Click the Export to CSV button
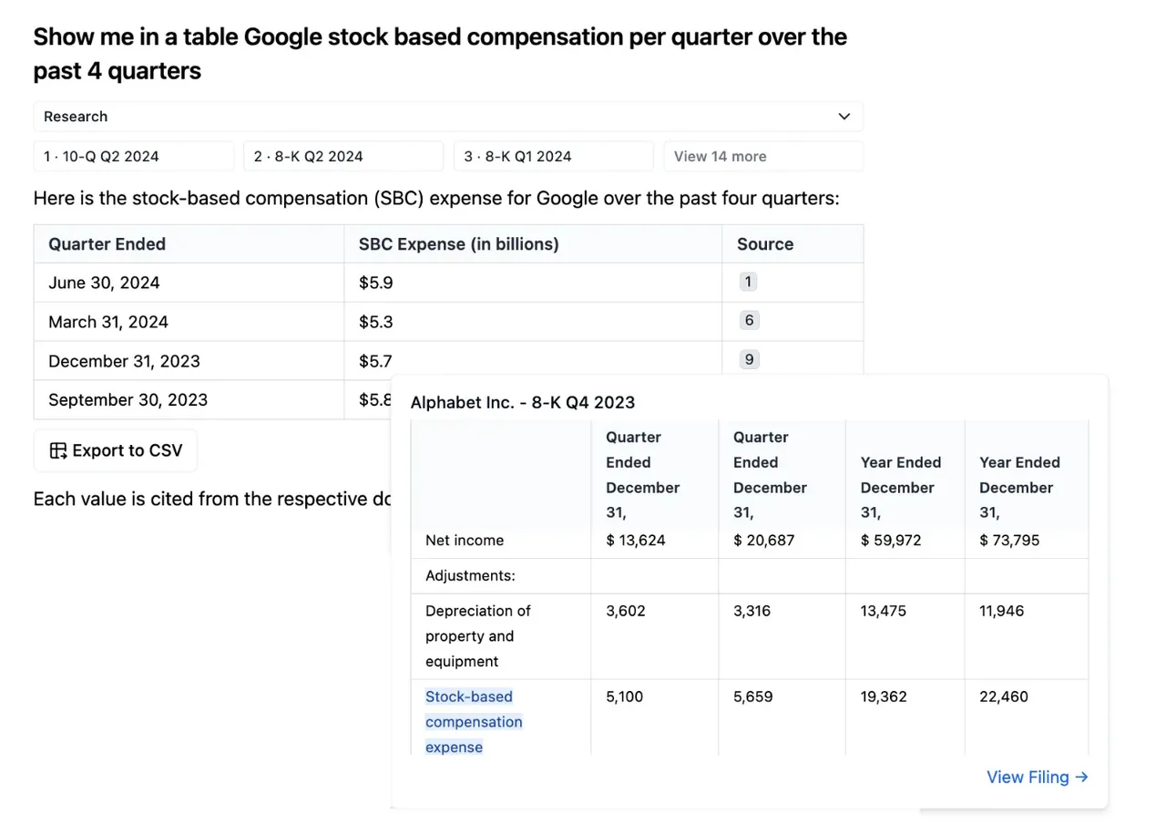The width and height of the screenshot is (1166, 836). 116,450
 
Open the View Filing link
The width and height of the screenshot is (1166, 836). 1038,777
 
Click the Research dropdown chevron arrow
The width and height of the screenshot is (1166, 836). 844,117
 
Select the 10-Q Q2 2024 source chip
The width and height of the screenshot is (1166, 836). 134,156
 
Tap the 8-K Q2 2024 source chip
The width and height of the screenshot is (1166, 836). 343,156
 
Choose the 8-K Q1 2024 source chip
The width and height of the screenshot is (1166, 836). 553,156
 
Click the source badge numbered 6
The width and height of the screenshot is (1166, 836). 749,320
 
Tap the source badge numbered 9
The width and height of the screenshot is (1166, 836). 749,359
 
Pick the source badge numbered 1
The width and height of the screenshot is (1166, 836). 748,282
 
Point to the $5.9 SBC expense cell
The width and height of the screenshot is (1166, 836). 376,283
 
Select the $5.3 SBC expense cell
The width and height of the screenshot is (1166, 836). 376,322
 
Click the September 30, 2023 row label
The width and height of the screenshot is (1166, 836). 128,400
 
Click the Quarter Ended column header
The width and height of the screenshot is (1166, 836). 107,244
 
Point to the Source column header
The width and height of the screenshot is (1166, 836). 765,244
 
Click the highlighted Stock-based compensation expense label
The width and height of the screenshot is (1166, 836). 474,722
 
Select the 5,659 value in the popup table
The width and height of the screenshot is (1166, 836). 752,697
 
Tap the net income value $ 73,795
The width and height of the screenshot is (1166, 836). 1009,540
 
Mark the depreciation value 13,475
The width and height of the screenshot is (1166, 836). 883,611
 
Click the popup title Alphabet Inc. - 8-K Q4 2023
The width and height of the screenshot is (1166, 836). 523,403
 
